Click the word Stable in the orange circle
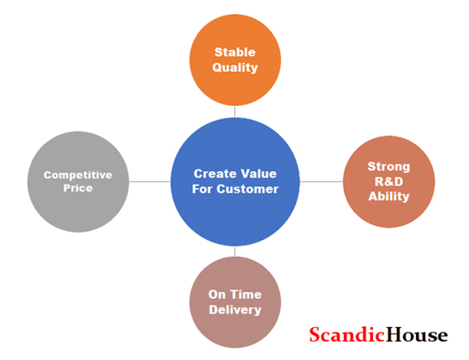[235, 52]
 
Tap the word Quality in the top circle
[235, 68]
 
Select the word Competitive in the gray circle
[78, 175]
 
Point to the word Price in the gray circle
[78, 188]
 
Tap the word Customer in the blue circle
[247, 189]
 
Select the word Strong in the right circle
[389, 166]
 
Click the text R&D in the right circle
[389, 181]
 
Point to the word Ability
[389, 197]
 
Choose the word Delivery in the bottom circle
[235, 310]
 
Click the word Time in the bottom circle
[246, 295]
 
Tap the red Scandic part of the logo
[347, 334]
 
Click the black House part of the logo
[417, 334]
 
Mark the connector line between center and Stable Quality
[235, 112]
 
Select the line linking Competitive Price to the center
[150, 181]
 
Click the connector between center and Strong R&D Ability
[321, 181]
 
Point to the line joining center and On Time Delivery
[235, 252]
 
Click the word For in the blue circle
[203, 189]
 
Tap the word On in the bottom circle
[217, 295]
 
